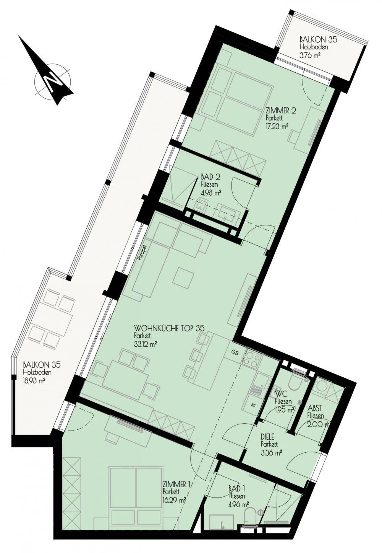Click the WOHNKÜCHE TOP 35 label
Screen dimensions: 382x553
(169, 328)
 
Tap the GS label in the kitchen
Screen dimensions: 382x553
(235, 352)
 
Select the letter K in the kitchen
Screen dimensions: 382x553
(253, 405)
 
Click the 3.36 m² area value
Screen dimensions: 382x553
(272, 452)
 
